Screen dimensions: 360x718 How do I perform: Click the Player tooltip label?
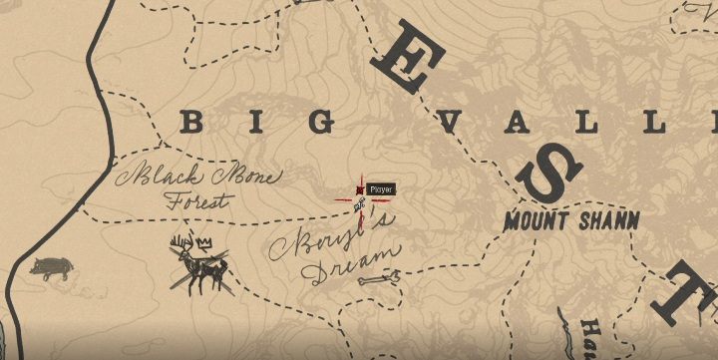coord(381,189)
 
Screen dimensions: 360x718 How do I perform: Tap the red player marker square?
coord(359,189)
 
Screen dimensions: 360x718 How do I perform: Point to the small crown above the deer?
coord(205,242)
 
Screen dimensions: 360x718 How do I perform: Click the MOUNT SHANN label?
coord(571,220)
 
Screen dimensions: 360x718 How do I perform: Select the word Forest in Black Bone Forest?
coord(195,200)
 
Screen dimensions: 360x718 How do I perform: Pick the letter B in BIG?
coord(190,123)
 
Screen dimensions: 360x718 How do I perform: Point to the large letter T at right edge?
coord(692,289)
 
